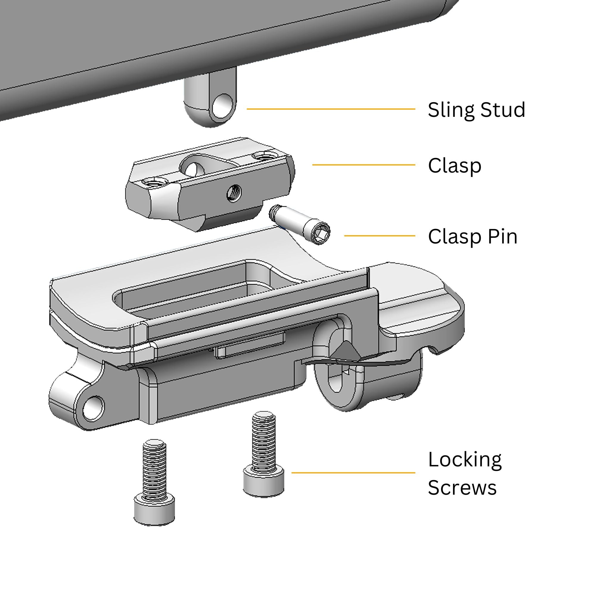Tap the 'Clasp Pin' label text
coord(473,237)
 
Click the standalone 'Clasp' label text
coord(454,166)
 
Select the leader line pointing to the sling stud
coord(331,109)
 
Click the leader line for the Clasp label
coord(364,165)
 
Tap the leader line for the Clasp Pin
coord(380,236)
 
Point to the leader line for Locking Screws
coord(353,473)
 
